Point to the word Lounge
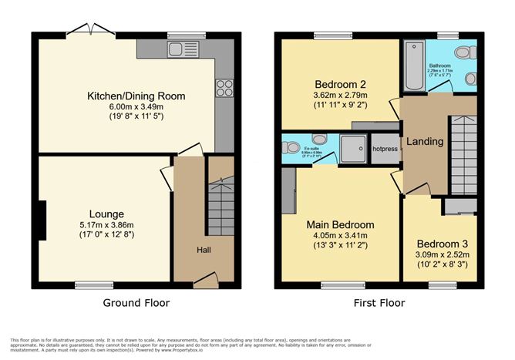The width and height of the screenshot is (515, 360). (x=106, y=214)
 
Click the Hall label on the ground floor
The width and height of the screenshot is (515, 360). (x=204, y=250)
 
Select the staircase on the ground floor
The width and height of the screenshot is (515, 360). (x=219, y=203)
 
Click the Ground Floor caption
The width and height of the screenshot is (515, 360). (x=136, y=303)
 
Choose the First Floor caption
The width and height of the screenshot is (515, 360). (x=378, y=303)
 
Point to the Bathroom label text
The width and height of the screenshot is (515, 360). (x=439, y=66)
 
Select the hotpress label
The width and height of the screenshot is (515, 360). (x=385, y=149)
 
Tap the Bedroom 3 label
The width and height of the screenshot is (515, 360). (x=442, y=243)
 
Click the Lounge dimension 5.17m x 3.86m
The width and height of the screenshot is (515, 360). (x=106, y=226)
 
